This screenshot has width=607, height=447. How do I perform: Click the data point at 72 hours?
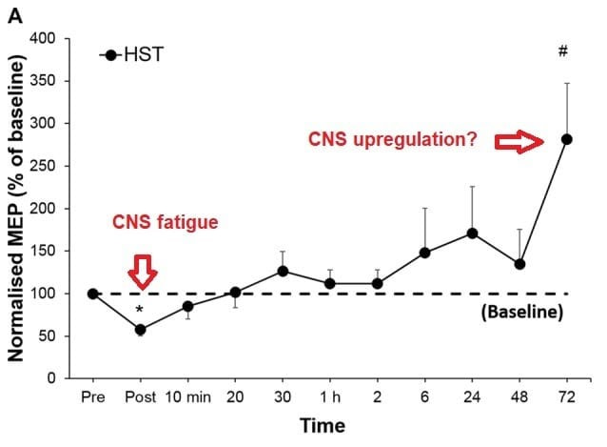point(566,139)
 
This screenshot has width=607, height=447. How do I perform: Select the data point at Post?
point(140,330)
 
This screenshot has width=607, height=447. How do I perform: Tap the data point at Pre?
point(92,294)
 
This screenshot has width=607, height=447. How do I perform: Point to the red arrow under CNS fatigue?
point(142,271)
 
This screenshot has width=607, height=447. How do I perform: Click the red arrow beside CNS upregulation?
point(518,142)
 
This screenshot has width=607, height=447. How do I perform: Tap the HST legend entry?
point(130,56)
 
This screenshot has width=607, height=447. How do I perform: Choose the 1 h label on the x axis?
point(330,396)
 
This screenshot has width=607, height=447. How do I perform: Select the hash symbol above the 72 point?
point(563,51)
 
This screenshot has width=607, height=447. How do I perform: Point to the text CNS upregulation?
point(393,139)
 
